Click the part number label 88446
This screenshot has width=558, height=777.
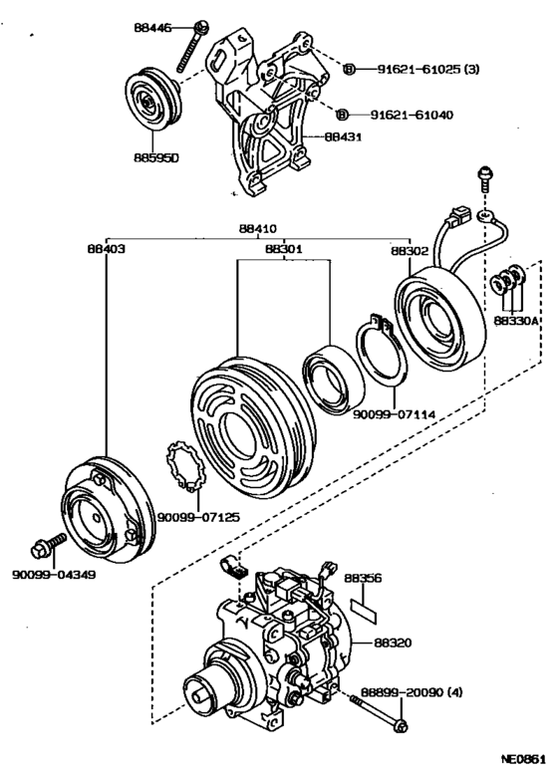(x=153, y=30)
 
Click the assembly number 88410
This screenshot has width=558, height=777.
(x=258, y=227)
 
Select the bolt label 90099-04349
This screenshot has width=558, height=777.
(x=54, y=575)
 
